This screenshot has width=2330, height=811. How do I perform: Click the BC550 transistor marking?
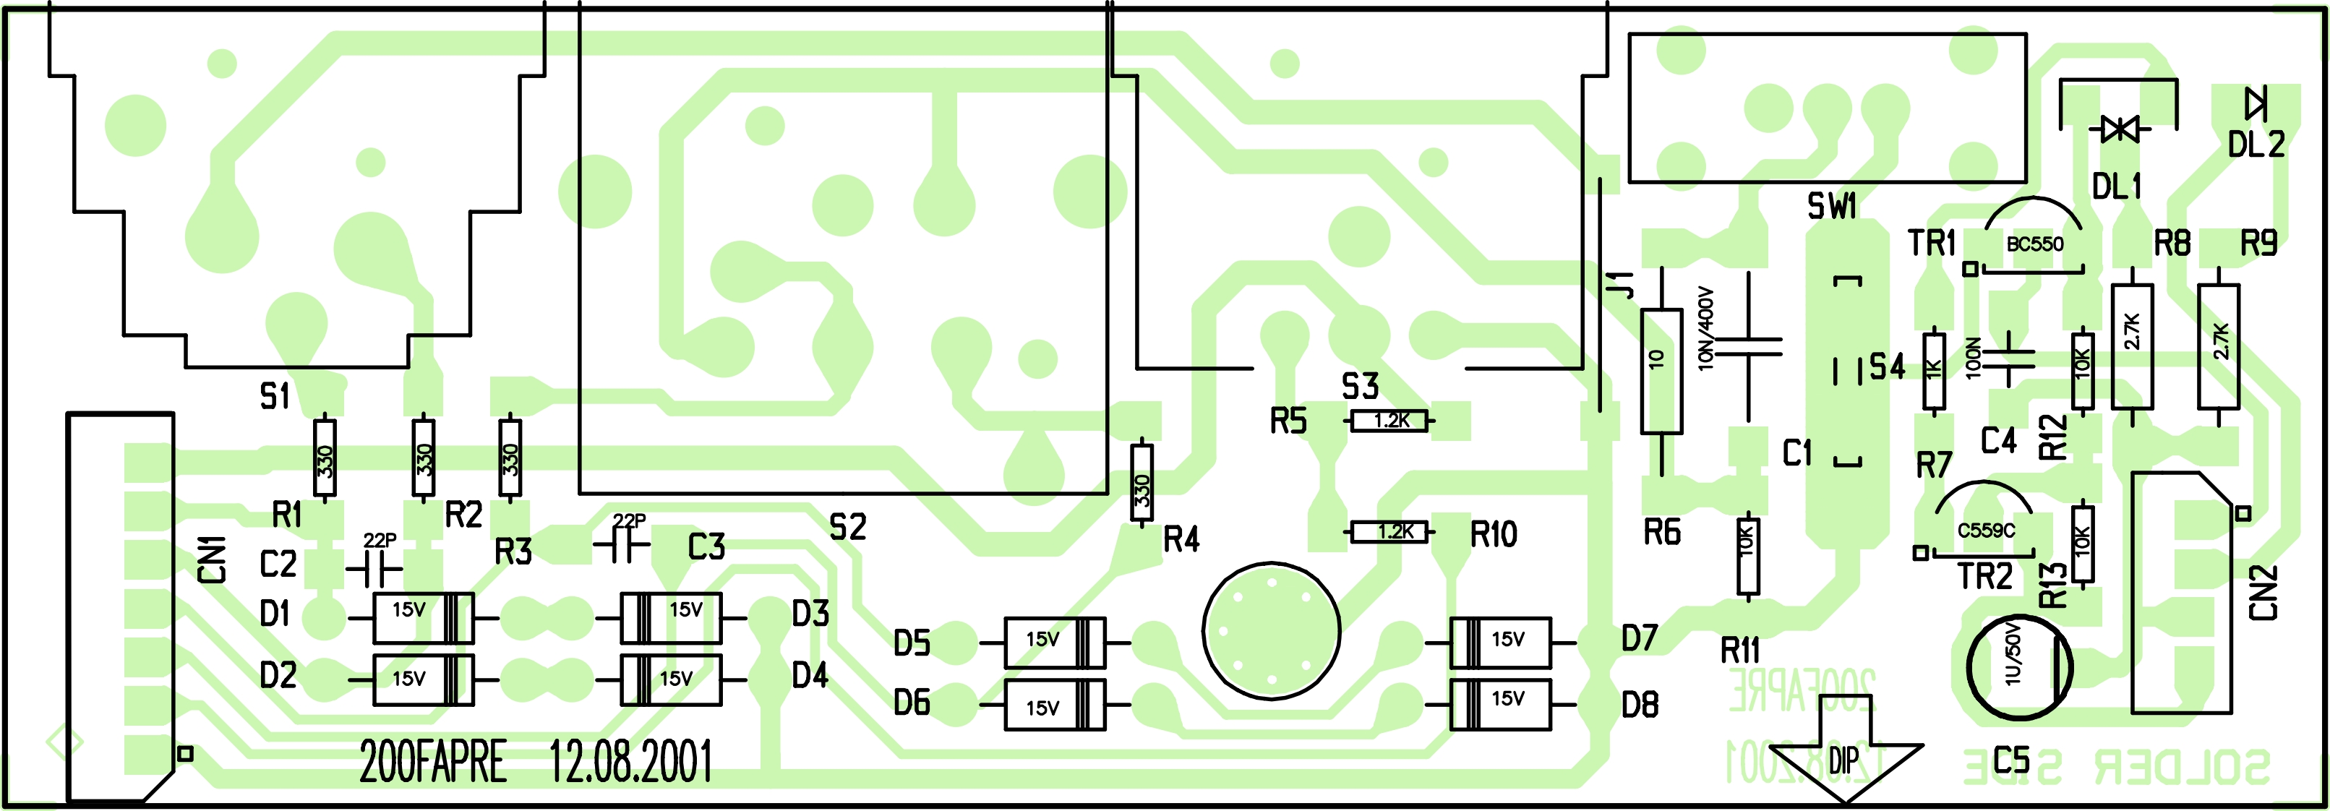pos(2034,244)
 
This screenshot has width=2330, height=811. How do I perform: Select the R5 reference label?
pos(1288,421)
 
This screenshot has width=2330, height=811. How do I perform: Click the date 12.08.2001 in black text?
pos(630,761)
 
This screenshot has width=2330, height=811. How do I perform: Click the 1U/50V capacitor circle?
pos(2019,667)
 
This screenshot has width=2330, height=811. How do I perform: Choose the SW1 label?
pos(1832,206)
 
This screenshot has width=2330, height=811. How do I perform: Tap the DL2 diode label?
pos(2256,145)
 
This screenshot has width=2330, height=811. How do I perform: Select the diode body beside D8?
pos(1501,704)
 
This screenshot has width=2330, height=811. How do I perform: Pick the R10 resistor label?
pos(1494,534)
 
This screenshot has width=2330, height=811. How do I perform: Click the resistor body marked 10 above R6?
pos(1661,372)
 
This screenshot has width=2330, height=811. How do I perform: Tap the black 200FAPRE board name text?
pos(432,761)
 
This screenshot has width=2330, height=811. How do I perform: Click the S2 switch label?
pos(847,527)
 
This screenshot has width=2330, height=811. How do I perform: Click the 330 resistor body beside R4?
pos(1142,482)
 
